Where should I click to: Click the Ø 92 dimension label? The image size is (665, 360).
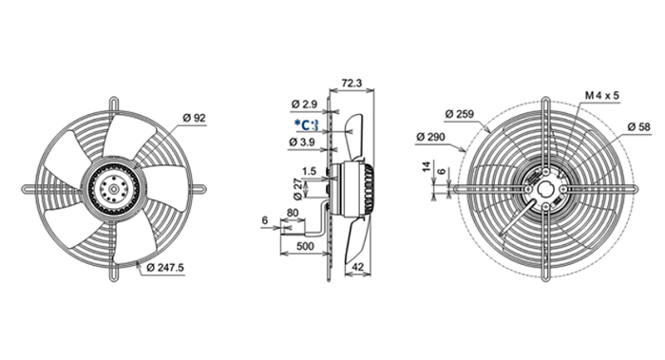pos(194,118)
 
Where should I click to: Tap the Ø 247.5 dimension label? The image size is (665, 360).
pos(165,268)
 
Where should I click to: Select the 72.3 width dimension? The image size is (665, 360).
pos(351,83)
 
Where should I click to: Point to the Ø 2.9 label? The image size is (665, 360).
pos(305,104)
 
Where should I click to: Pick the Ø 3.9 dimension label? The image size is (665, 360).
pos(301,142)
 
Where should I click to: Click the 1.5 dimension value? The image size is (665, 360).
pos(309,171)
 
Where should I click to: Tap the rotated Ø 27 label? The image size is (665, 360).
pos(297,189)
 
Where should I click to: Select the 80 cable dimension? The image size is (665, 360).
pos(293,213)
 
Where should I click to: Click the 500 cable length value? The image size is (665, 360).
pos(305,246)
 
